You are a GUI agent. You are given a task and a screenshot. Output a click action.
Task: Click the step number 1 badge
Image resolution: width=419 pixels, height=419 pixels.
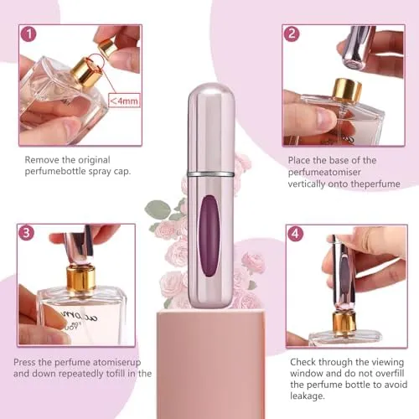[x=29, y=35]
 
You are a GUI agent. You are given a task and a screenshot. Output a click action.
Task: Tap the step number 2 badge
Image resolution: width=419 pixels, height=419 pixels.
[x=292, y=34]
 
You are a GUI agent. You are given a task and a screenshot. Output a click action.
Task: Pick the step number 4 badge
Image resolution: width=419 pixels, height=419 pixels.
[x=295, y=234]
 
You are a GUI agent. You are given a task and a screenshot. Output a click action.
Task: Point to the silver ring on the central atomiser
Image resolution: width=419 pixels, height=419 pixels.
[x=209, y=174]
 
